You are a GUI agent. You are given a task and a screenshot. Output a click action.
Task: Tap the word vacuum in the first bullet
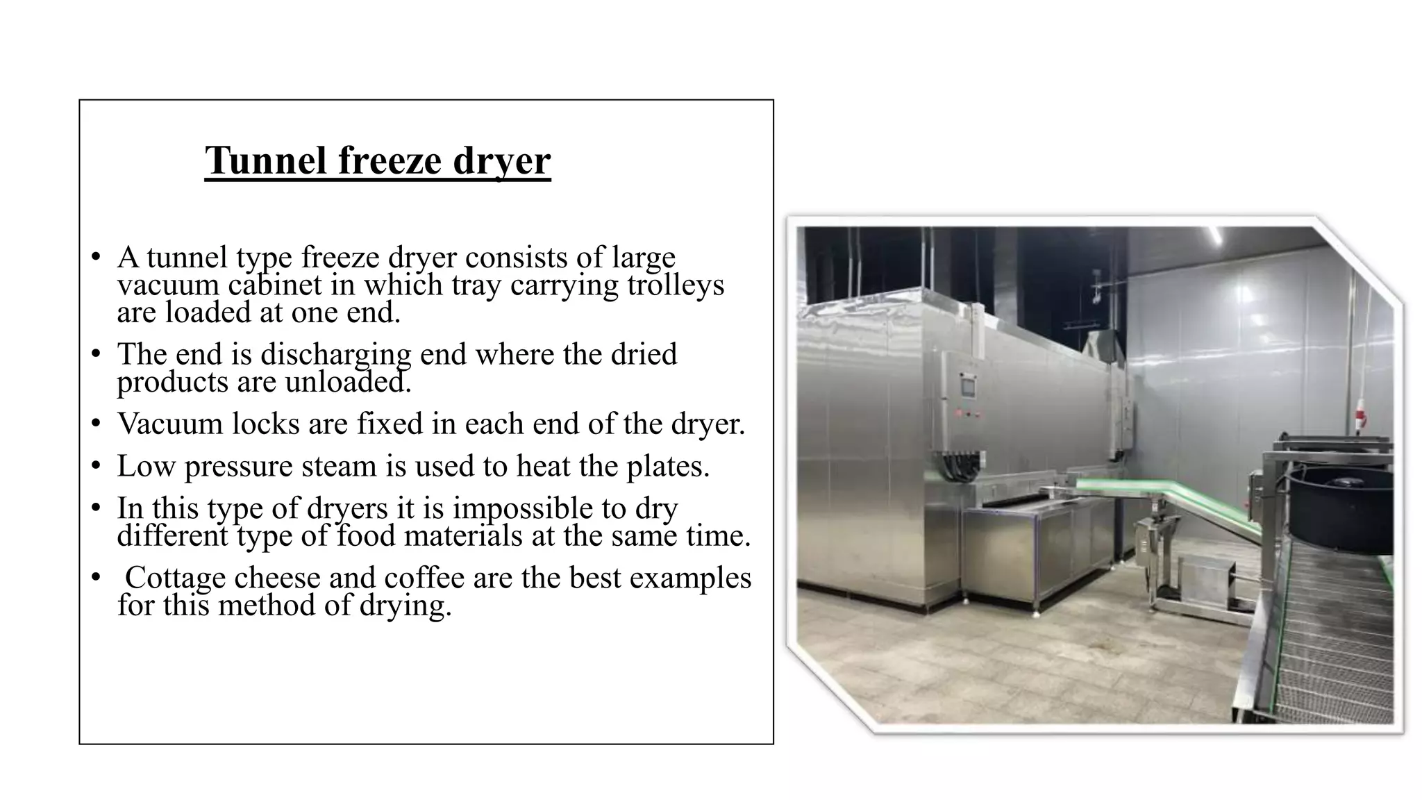(x=167, y=285)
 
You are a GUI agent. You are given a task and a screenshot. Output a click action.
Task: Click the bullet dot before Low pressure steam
(x=97, y=466)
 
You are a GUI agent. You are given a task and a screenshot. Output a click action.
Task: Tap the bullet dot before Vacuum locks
(x=97, y=424)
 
